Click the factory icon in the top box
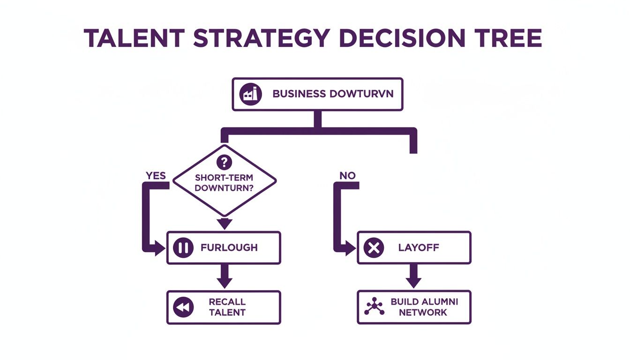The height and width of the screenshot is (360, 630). [249, 94]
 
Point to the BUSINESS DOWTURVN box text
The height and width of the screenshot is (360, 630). [333, 94]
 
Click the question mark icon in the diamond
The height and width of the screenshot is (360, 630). [225, 163]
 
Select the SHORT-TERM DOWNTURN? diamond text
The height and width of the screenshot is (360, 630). [225, 183]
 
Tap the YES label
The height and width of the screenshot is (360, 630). [156, 175]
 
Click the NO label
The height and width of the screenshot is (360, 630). [347, 175]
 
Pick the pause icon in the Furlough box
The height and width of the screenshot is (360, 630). [183, 248]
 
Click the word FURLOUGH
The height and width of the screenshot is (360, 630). [229, 247]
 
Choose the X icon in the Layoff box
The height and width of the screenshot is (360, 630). [374, 248]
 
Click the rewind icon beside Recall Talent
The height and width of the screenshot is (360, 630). [183, 307]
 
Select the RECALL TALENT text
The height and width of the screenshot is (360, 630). [227, 307]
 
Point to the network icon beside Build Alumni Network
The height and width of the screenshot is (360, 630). [374, 307]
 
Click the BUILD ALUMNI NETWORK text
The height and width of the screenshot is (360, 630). [424, 307]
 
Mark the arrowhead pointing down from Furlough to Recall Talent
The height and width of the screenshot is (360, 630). [225, 282]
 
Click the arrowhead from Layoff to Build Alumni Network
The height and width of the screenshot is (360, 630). [413, 282]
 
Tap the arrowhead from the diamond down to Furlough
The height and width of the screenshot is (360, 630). [225, 224]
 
